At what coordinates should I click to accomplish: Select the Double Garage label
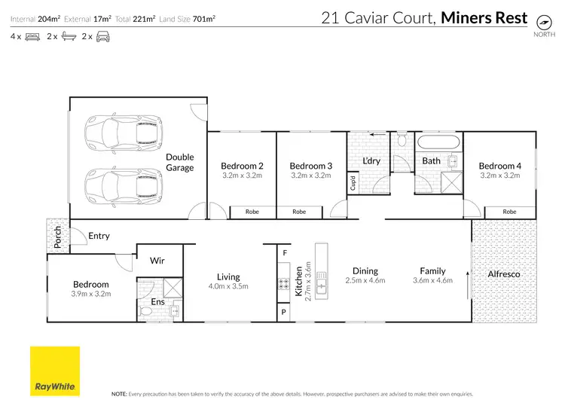pyautogui.click(x=180, y=162)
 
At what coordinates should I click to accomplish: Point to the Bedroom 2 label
pyautogui.click(x=242, y=166)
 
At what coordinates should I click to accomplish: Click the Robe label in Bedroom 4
pyautogui.click(x=510, y=212)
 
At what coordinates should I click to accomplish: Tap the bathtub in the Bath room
pyautogui.click(x=438, y=142)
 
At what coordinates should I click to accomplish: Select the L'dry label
pyautogui.click(x=370, y=160)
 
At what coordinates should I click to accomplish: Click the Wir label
pyautogui.click(x=157, y=261)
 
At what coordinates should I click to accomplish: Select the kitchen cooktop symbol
pyautogui.click(x=285, y=285)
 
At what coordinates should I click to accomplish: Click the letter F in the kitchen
pyautogui.click(x=285, y=253)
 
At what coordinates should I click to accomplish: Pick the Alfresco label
pyautogui.click(x=504, y=274)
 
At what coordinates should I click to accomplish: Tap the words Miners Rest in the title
pyautogui.click(x=484, y=17)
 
